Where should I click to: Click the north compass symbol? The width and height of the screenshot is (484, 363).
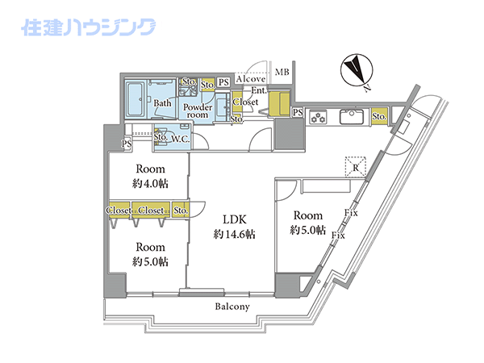pyautogui.click(x=357, y=70)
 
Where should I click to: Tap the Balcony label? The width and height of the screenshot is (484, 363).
pyautogui.click(x=232, y=307)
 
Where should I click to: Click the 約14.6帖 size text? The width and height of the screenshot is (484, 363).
pyautogui.click(x=234, y=235)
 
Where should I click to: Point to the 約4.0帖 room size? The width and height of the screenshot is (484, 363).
pyautogui.click(x=150, y=184)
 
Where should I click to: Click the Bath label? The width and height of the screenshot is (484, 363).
pyautogui.click(x=162, y=102)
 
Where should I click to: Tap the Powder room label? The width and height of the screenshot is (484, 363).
pyautogui.click(x=198, y=111)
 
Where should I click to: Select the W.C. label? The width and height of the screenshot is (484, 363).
pyautogui.click(x=180, y=140)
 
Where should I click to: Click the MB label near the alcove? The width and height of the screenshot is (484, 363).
pyautogui.click(x=282, y=72)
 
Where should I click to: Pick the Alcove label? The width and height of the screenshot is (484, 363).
pyautogui.click(x=251, y=79)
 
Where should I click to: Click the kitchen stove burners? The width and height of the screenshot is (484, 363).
pyautogui.click(x=318, y=117)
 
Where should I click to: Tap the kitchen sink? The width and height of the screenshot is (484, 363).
pyautogui.click(x=351, y=117)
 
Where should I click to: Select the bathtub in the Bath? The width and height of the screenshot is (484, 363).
pyautogui.click(x=135, y=98)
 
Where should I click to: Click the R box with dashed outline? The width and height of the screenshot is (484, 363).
pyautogui.click(x=356, y=167)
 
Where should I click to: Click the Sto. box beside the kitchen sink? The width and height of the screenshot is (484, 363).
pyautogui.click(x=379, y=117)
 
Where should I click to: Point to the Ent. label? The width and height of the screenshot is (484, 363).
pyautogui.click(x=259, y=90)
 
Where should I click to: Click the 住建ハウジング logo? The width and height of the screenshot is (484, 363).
pyautogui.click(x=88, y=27)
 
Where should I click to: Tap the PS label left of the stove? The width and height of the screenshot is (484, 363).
pyautogui.click(x=298, y=112)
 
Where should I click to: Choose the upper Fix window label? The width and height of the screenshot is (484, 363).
pyautogui.click(x=351, y=212)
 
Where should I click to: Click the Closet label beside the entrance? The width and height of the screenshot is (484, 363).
pyautogui.click(x=245, y=102)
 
